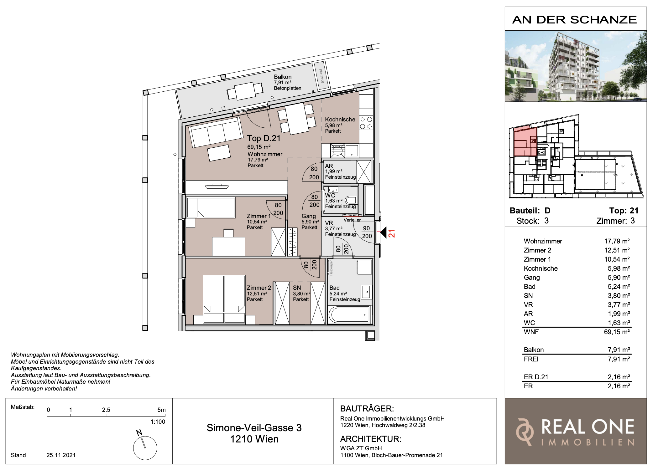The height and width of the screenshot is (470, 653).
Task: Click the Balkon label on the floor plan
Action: tap(283, 77)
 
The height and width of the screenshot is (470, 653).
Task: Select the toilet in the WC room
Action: tap(351, 200)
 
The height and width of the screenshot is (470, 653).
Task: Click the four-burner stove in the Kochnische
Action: tap(366, 123)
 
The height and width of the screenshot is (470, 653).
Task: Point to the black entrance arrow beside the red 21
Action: tap(384, 232)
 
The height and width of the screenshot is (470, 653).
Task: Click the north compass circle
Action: tap(145, 448)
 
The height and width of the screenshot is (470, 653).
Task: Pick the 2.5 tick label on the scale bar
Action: tap(106, 410)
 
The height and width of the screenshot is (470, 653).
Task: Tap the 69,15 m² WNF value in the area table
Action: tap(617, 332)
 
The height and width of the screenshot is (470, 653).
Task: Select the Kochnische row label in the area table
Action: tap(541, 268)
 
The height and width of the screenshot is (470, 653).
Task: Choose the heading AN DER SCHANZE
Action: tap(575, 20)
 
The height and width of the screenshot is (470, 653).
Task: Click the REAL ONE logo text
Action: tap(588, 427)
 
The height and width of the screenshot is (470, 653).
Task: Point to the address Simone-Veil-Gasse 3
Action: tap(254, 428)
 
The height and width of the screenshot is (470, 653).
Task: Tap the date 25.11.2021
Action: tap(61, 455)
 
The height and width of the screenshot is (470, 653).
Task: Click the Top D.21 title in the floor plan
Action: tap(264, 138)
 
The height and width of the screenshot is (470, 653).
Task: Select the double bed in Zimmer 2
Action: tap(224, 299)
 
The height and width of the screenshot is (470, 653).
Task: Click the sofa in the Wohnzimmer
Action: tap(217, 132)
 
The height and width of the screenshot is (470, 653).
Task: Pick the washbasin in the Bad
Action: tap(366, 292)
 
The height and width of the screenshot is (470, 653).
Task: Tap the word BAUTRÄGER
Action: tap(367, 409)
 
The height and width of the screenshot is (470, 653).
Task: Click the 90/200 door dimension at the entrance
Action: tap(367, 232)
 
